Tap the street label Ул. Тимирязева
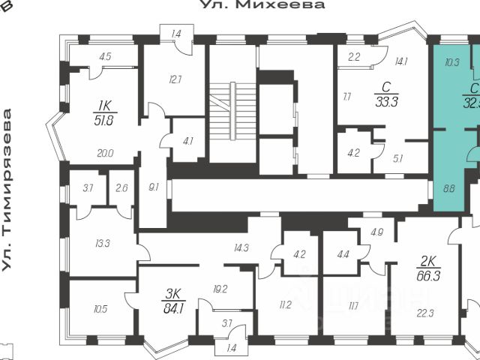tap(8, 191)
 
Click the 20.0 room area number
tap(105, 153)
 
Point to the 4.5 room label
tap(105, 56)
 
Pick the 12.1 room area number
tap(175, 79)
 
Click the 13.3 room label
tap(103, 242)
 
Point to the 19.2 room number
tap(220, 287)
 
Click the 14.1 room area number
tap(402, 62)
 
